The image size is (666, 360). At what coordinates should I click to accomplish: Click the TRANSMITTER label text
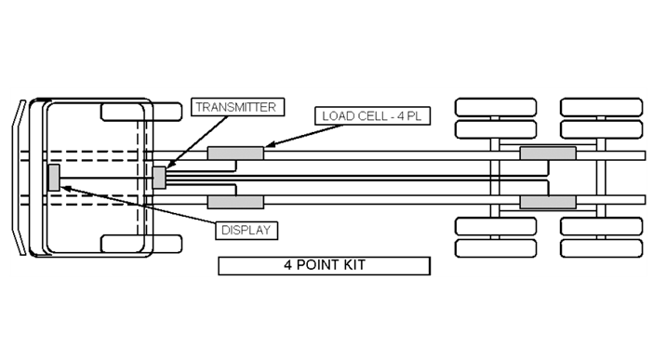pos(234,107)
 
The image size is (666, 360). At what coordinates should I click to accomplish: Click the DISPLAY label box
pos(248,227)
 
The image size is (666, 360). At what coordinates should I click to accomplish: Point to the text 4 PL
pos(408,117)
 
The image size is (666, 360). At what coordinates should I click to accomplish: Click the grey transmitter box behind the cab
pos(159,177)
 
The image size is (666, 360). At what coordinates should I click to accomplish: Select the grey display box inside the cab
pos(54,177)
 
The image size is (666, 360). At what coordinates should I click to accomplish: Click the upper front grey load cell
pos(235,153)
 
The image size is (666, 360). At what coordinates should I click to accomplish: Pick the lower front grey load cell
pos(235,201)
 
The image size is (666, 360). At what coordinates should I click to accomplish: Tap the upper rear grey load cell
pos(547,153)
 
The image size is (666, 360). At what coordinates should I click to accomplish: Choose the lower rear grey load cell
pos(547,201)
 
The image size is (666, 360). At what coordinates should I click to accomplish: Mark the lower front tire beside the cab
pos(140,244)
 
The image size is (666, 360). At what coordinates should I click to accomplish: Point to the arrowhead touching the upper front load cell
pos(269,145)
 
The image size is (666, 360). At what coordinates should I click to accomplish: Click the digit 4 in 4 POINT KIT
pos(289,265)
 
